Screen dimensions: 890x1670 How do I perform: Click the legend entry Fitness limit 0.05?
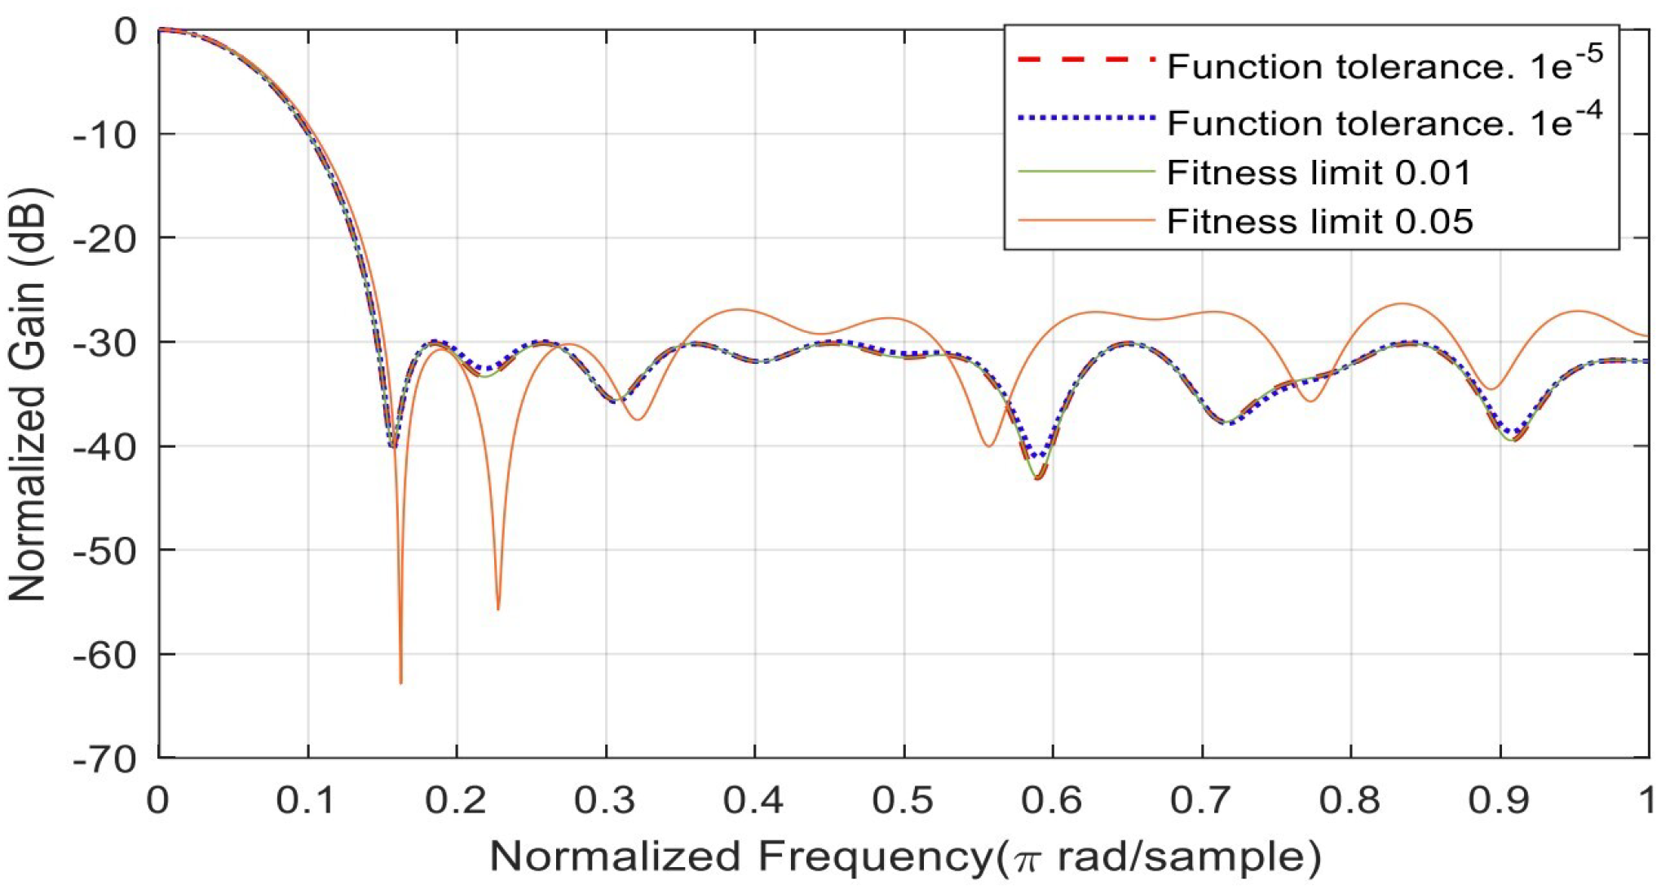[1319, 222]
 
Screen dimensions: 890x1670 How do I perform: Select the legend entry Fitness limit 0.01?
[1319, 173]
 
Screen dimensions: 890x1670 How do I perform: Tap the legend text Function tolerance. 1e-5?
[1384, 65]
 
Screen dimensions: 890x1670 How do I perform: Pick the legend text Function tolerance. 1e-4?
[1384, 122]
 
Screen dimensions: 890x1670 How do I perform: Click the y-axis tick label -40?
[104, 446]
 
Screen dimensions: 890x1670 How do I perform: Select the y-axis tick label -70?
[104, 759]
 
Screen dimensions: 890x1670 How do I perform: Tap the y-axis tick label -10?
[104, 134]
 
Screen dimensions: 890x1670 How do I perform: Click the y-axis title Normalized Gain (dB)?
[29, 396]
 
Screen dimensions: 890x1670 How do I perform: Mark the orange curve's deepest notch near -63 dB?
[400, 682]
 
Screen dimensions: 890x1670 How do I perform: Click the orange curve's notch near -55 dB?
[498, 609]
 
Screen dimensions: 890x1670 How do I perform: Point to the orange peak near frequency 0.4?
[740, 309]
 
